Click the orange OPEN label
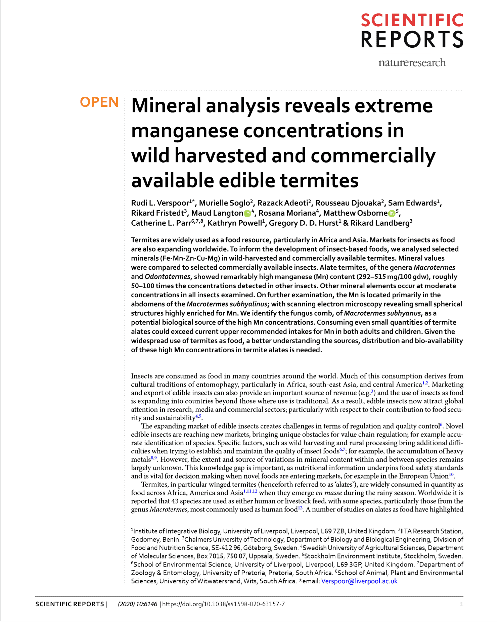99,102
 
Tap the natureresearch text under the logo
412,62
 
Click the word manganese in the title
185,131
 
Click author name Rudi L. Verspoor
160,203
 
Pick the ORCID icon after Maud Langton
247,214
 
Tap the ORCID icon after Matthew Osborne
392,214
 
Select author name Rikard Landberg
380,223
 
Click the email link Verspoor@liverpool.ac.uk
359,581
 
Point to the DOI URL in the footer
224,604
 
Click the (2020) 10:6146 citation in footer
137,604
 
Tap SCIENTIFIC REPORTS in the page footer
70,604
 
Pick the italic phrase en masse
329,493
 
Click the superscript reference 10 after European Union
451,475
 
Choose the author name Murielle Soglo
224,203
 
